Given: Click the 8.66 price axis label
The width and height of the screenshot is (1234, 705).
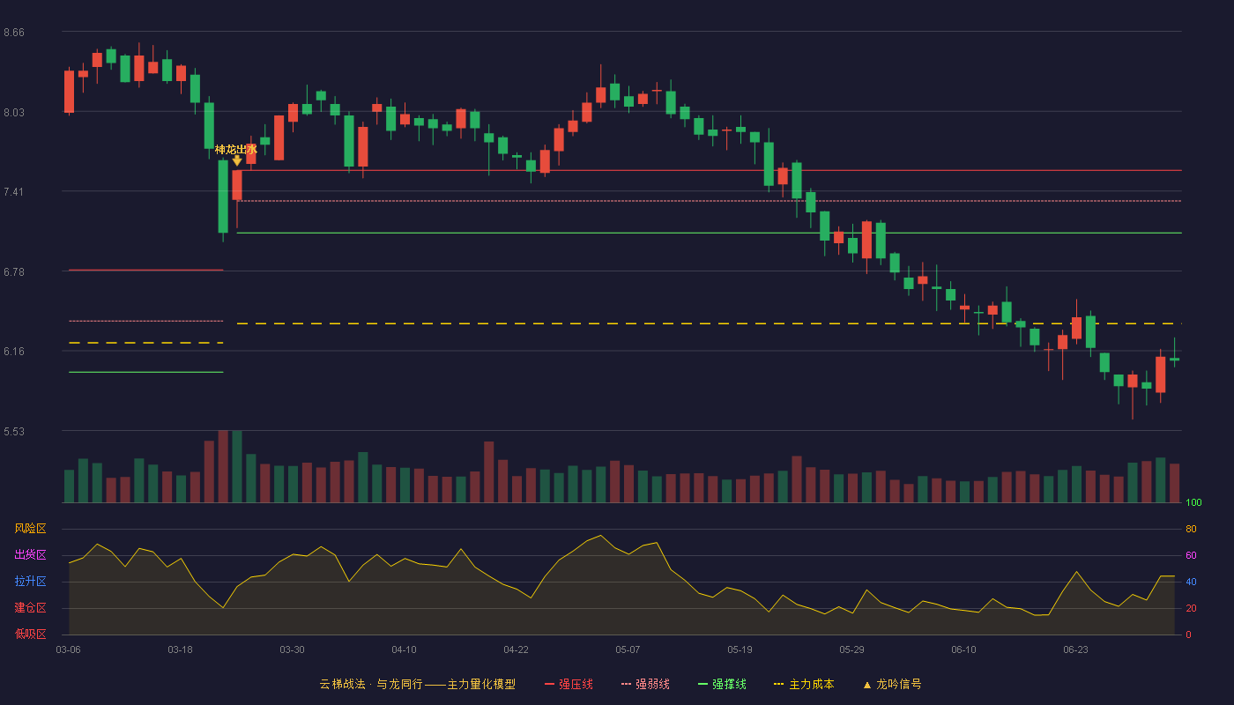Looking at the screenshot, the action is pos(14,33).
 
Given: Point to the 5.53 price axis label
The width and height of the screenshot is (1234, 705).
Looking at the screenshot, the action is pos(14,431).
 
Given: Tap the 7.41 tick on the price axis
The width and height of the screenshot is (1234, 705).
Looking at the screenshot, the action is pos(14,192).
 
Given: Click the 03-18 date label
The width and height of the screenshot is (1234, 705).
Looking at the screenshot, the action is pos(180,649).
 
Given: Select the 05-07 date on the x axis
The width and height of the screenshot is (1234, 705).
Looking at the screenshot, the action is pos(628,649).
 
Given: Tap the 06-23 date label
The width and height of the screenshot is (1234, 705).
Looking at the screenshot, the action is pos(1075,649).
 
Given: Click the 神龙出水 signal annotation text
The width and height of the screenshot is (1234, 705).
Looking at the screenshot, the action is pos(236,149).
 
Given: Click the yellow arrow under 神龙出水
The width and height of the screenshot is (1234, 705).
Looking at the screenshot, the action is pos(237,160).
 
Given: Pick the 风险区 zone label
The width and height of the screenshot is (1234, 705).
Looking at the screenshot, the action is pos(30,528).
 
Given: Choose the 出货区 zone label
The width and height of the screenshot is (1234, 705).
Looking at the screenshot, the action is pos(30,554).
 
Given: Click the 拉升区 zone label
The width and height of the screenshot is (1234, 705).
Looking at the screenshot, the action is pos(30,581).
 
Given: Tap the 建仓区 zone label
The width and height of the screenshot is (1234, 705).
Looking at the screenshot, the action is pos(30,607).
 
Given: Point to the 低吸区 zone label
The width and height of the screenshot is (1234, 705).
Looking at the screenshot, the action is pos(30,634).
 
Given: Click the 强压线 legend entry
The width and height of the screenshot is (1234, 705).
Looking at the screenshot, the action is pos(569,684).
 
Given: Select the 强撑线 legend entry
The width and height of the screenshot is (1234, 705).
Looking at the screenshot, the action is pos(722,684).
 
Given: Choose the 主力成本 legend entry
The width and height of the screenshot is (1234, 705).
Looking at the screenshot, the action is pos(804,684).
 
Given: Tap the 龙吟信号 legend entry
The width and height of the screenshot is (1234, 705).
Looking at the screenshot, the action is pos(892,684).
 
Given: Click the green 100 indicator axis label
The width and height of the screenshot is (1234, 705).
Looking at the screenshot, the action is pos(1193,502).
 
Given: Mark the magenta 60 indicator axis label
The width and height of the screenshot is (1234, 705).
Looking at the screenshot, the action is pos(1191,555).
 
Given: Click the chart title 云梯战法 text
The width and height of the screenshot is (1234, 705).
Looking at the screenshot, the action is pos(342,684).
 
